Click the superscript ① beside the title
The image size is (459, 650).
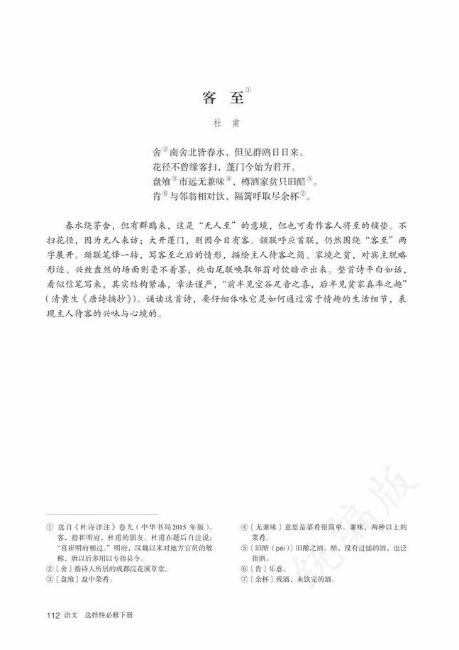click(248, 90)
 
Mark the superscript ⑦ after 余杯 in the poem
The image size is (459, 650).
click(301, 194)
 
